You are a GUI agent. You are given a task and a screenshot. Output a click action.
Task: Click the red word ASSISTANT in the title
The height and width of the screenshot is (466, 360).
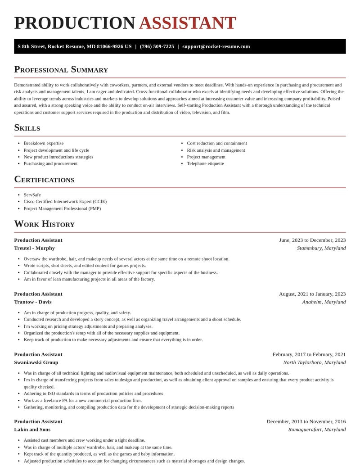pos(187,23)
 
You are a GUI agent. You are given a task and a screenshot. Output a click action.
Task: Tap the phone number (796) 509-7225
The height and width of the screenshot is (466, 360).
pos(157,46)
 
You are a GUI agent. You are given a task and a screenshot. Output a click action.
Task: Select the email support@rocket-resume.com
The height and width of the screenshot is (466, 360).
pos(216,46)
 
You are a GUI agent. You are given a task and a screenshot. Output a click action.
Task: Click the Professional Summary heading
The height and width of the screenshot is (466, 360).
pos(61,69)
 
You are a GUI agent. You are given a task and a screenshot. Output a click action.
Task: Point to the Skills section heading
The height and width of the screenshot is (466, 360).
pos(27,127)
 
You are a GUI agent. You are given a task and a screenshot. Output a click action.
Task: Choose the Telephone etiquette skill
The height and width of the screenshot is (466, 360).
pos(205,163)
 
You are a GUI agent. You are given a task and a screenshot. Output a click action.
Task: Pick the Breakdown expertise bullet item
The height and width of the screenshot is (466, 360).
pos(44,143)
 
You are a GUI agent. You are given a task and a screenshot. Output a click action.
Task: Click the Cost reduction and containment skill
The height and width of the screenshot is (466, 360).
pos(217,143)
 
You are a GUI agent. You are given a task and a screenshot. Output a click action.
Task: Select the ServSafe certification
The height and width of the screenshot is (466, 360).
pos(32,195)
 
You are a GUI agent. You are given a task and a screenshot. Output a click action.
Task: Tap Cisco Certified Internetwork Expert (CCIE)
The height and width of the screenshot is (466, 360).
pos(65,202)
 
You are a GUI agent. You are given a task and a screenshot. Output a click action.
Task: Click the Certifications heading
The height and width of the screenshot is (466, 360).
pos(44,179)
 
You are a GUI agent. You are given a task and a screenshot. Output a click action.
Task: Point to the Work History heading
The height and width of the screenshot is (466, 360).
pos(44,224)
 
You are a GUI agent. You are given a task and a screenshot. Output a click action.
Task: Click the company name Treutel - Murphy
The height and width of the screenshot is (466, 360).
pos(34,248)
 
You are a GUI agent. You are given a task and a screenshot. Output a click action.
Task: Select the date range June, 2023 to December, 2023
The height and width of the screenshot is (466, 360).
pos(312,240)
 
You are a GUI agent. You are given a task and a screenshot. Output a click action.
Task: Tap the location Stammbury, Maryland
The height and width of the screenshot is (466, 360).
pos(321,248)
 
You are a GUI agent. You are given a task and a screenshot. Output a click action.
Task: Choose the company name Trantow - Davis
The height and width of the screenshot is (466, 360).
pos(33,302)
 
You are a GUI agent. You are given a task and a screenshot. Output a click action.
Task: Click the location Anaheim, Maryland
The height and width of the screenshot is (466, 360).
pos(324,302)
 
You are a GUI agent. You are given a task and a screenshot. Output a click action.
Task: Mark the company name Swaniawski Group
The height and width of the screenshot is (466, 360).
pos(36,362)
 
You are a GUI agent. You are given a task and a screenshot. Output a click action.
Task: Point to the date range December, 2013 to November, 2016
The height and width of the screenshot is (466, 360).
pos(306,421)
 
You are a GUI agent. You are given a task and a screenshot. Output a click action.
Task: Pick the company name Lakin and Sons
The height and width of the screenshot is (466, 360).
pos(32,430)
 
